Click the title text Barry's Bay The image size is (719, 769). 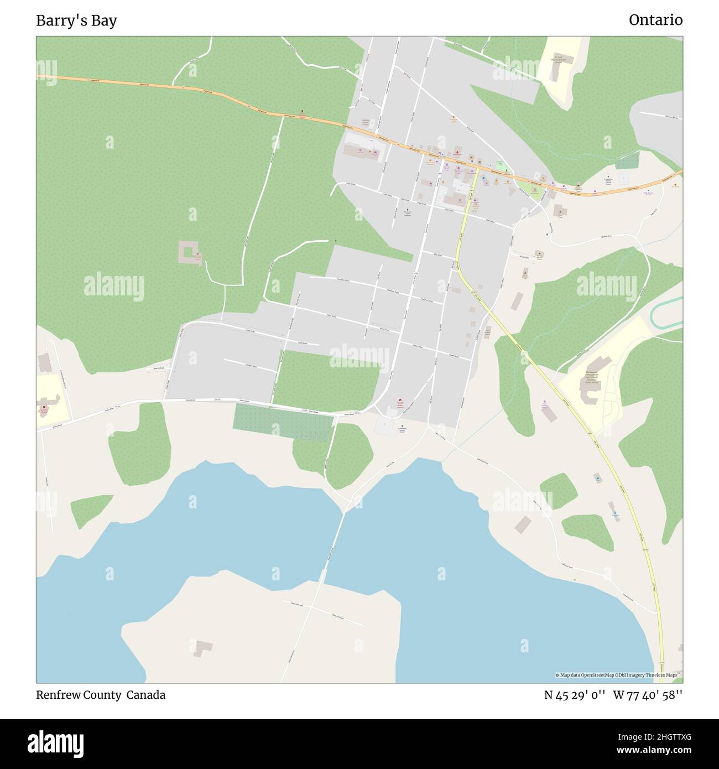(x=76, y=20)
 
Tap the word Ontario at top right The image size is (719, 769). (x=655, y=20)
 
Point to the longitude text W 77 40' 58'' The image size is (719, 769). (x=648, y=695)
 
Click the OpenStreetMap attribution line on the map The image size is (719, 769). (x=616, y=675)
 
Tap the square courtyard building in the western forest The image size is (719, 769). (x=189, y=252)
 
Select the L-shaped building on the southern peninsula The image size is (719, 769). (x=203, y=647)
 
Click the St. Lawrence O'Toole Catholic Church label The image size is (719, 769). (x=608, y=183)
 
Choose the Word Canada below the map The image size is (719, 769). (x=145, y=695)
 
